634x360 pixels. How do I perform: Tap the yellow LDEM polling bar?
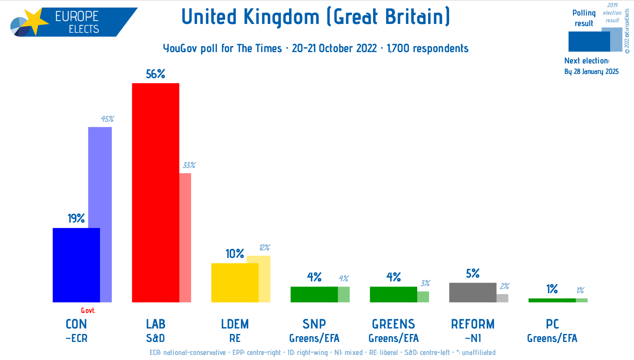point(234,282)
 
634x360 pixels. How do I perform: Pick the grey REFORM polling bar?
point(472,292)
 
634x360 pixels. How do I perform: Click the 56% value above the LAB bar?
point(155,74)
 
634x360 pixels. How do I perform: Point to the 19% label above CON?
point(76,218)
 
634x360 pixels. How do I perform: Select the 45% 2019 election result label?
point(107,119)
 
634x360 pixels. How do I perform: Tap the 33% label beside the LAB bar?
point(189,166)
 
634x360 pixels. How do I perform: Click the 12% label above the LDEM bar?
point(264,248)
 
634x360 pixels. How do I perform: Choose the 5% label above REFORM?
point(473,274)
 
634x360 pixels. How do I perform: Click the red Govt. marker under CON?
point(88,311)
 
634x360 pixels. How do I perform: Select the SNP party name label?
point(314,324)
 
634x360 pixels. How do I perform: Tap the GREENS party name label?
point(393,324)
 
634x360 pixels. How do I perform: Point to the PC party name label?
point(552,324)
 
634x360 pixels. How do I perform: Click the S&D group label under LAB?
point(155,338)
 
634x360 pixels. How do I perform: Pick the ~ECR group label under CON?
point(76,338)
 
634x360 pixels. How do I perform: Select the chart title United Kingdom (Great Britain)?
point(316,17)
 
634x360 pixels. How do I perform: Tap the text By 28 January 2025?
point(591,72)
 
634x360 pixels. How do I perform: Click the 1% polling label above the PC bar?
point(552,289)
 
